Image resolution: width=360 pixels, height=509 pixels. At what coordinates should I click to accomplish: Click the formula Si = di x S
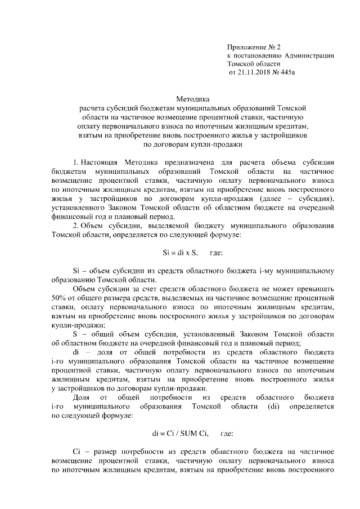tap(177, 253)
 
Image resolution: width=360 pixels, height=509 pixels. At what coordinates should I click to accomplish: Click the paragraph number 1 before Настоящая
tap(76, 163)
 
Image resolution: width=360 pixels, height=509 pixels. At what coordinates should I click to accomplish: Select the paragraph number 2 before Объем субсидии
tap(76, 226)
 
